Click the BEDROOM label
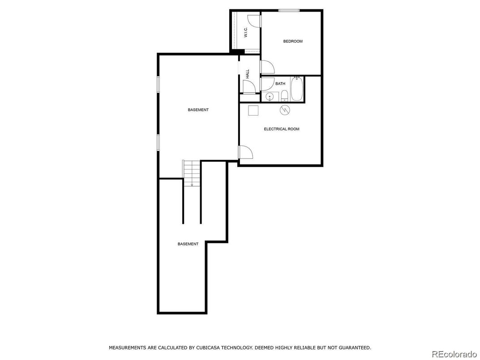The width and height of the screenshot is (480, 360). pos(293,41)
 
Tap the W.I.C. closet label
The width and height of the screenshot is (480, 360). pos(246,32)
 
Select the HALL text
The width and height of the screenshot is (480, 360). pos(247,74)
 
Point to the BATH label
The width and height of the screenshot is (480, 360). pos(280,84)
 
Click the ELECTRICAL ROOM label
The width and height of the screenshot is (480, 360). pos(282,129)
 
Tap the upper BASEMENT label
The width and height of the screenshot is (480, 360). pos(198,110)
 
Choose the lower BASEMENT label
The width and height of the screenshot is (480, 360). pos(188,244)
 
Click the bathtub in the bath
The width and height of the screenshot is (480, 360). pos(296,89)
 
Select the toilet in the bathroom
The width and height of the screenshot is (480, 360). pos(285,96)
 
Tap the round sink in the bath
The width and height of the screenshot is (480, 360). pos(270,96)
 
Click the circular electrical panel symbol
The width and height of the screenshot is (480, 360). pos(285,110)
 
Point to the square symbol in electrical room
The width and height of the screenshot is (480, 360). pos(253,110)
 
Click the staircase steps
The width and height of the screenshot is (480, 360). pos(192,173)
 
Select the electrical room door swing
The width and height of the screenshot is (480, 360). pos(246,152)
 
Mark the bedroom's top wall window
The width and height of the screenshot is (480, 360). pos(289,11)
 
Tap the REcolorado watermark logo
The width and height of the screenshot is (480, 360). pos(455,354)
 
